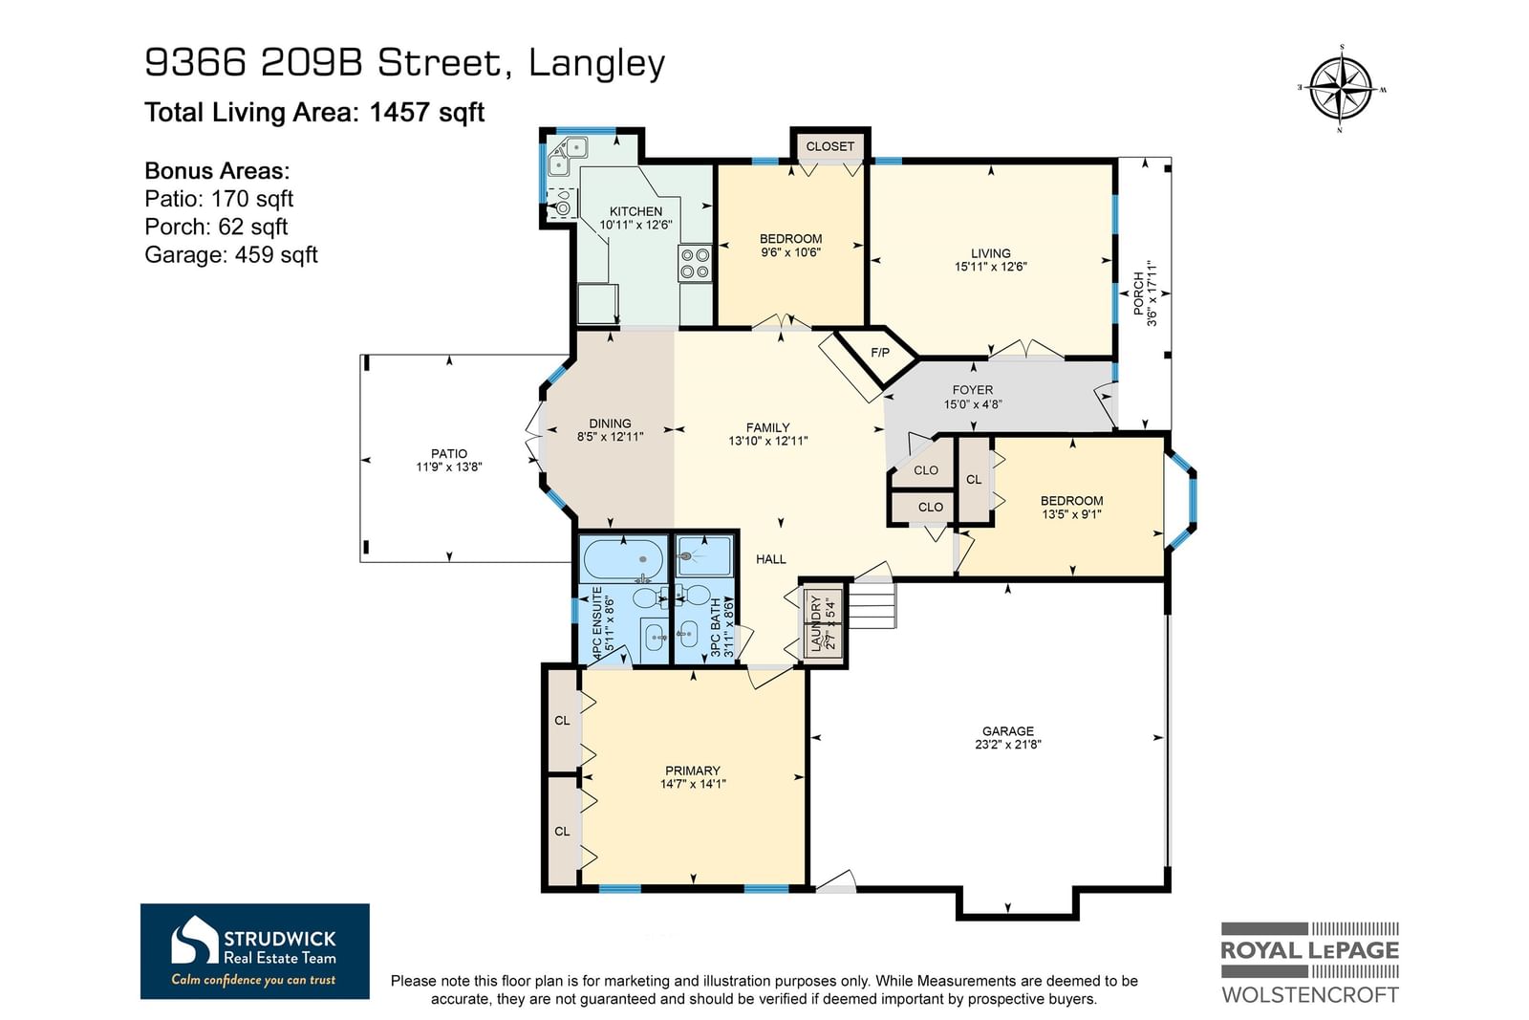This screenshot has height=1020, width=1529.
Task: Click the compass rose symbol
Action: [1342, 90]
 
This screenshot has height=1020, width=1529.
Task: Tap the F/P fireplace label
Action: [880, 353]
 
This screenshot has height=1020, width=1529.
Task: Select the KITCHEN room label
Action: [635, 211]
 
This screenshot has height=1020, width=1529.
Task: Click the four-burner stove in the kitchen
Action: [695, 264]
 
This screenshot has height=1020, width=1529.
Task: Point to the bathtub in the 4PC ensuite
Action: [624, 559]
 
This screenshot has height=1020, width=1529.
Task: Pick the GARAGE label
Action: [1007, 730]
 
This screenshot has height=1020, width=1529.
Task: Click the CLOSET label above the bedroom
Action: [829, 146]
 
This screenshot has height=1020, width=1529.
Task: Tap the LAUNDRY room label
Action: [816, 622]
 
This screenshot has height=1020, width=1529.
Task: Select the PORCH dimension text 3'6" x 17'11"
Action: [1152, 293]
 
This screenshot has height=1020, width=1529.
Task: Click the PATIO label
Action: [449, 453]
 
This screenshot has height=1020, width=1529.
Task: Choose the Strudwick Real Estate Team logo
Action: [254, 951]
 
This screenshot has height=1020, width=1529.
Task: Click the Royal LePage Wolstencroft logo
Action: [1310, 963]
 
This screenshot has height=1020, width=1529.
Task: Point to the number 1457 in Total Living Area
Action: [399, 112]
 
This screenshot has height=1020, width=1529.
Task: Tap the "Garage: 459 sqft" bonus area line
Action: [230, 254]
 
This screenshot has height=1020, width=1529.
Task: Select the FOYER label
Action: [973, 390]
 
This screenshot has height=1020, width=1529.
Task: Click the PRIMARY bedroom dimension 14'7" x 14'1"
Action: [692, 784]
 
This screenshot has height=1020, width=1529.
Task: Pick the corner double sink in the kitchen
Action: [568, 156]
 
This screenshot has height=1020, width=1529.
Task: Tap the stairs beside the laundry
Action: [871, 604]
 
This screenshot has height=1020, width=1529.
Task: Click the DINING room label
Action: [611, 423]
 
